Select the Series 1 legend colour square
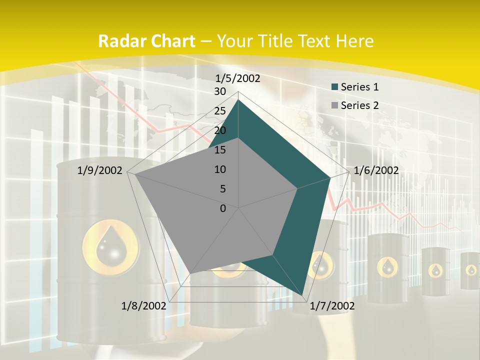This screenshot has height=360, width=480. [x=334, y=87]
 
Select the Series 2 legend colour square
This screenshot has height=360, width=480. [x=334, y=105]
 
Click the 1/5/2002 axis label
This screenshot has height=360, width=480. [x=237, y=78]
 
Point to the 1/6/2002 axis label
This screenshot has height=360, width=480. [x=376, y=170]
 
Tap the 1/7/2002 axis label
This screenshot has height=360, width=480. [x=332, y=306]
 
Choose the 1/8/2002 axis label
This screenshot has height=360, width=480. [x=144, y=306]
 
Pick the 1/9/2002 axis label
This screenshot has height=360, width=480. [x=100, y=170]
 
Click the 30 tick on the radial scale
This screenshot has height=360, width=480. [x=220, y=91]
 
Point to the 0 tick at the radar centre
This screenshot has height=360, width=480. [x=223, y=208]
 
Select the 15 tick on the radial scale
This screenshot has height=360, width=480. [x=220, y=150]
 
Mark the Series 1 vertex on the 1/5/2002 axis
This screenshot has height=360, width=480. [x=238, y=99]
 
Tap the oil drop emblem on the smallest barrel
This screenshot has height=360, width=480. [x=471, y=270]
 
